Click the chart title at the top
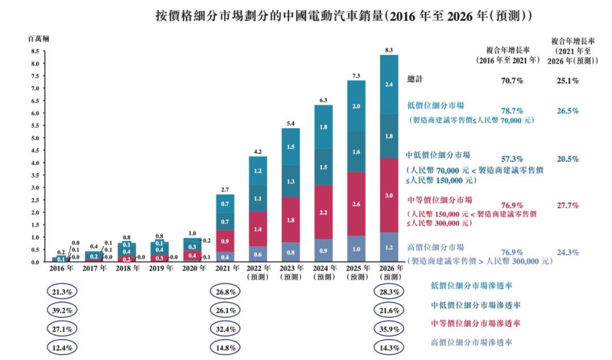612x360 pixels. tap(343, 15)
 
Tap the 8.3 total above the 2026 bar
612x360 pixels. tap(389, 50)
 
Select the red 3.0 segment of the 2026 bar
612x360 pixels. tap(389, 195)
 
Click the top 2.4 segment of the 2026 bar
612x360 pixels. tap(389, 84)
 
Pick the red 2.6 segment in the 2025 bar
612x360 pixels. tap(356, 204)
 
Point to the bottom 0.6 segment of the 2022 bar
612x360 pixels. tap(257, 255)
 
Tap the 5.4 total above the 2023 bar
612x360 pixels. tap(290, 123)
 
